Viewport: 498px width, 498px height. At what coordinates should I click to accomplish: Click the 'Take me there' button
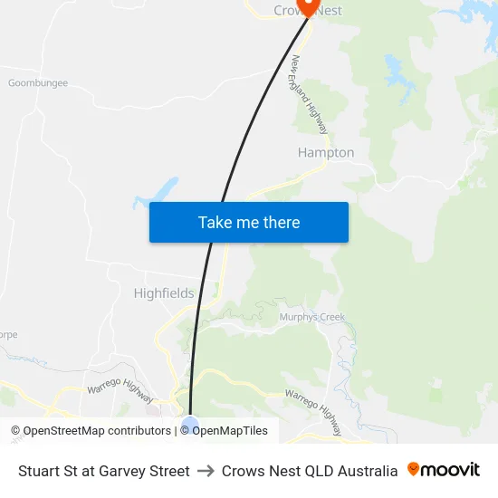[249, 222]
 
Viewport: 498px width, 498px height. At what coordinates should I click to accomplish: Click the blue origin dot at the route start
[189, 424]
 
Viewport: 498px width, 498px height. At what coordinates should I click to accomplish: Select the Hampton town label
[326, 153]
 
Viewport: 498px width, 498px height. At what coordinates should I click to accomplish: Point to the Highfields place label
[164, 293]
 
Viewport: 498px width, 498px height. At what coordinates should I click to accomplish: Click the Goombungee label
[37, 83]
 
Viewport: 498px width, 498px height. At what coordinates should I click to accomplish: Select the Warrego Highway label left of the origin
[120, 387]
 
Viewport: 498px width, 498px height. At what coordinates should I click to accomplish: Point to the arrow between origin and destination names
[206, 471]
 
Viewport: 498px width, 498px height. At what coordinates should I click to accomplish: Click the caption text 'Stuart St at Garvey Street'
[104, 471]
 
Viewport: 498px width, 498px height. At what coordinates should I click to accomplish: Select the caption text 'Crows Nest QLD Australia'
[310, 471]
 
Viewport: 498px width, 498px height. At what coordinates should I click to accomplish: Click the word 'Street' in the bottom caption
[169, 471]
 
